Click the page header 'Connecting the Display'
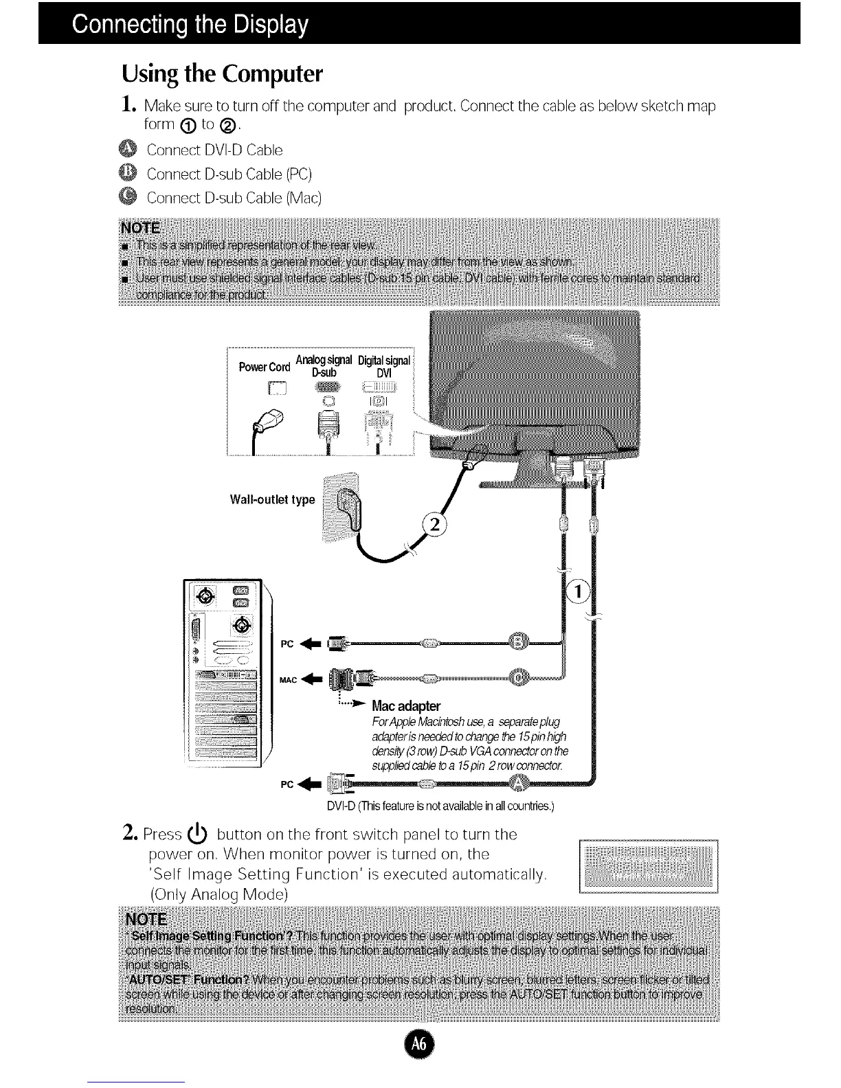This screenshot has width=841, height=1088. click(190, 25)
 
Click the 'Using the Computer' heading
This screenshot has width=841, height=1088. click(222, 73)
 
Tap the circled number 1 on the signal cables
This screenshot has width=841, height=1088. click(581, 591)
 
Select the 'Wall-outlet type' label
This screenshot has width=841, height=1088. click(272, 499)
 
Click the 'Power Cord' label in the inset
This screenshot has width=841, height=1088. click(265, 367)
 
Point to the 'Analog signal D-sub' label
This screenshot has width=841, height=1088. click(324, 366)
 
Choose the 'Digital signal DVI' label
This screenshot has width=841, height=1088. click(383, 366)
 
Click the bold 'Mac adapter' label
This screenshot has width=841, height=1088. click(406, 706)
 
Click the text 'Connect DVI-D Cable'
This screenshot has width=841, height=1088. click(214, 150)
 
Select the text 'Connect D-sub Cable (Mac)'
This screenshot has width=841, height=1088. click(234, 198)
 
